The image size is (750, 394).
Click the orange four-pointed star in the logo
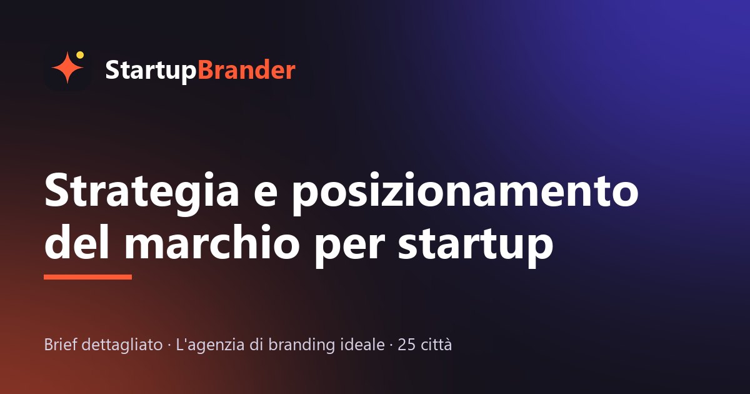tap(67, 68)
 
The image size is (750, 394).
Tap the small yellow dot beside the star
tap(80, 55)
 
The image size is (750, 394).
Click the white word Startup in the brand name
tap(151, 71)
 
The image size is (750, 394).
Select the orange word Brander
tap(247, 69)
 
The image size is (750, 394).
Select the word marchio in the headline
tap(212, 241)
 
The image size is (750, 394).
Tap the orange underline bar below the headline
tap(87, 276)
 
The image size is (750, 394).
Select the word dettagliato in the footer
tap(122, 345)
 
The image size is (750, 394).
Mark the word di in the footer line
tap(256, 344)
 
